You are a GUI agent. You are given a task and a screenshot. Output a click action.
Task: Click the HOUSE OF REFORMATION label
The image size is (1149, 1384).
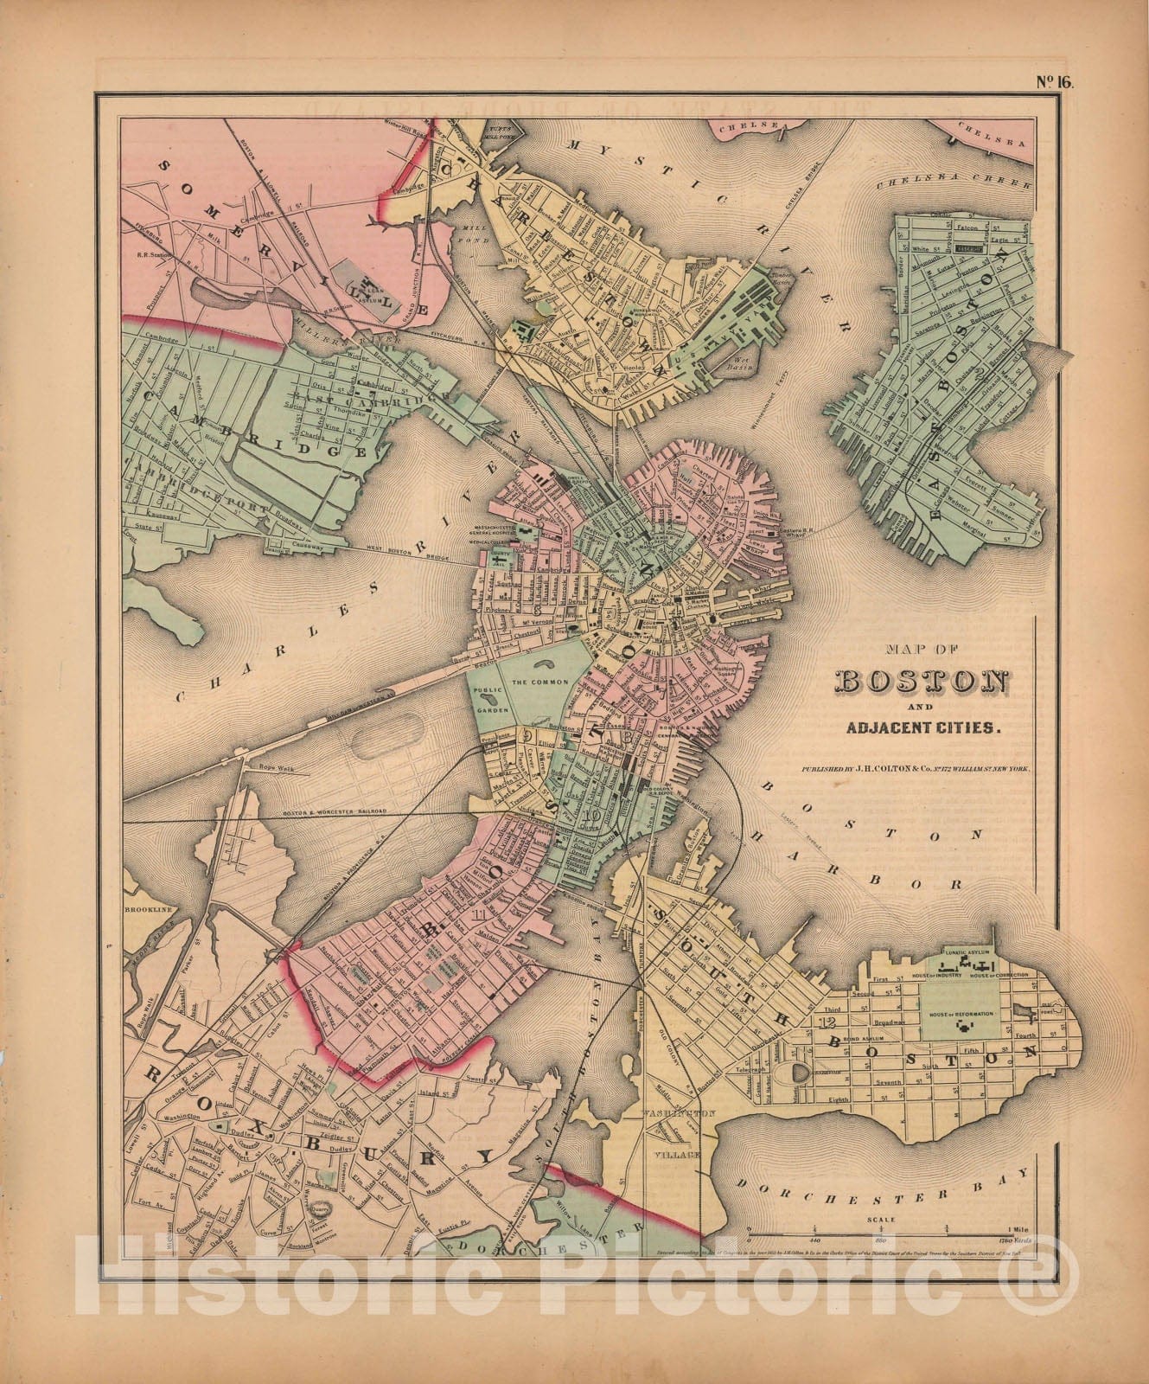tap(960, 1013)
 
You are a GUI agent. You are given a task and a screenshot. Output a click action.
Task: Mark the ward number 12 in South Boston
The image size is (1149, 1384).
tap(824, 1022)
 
